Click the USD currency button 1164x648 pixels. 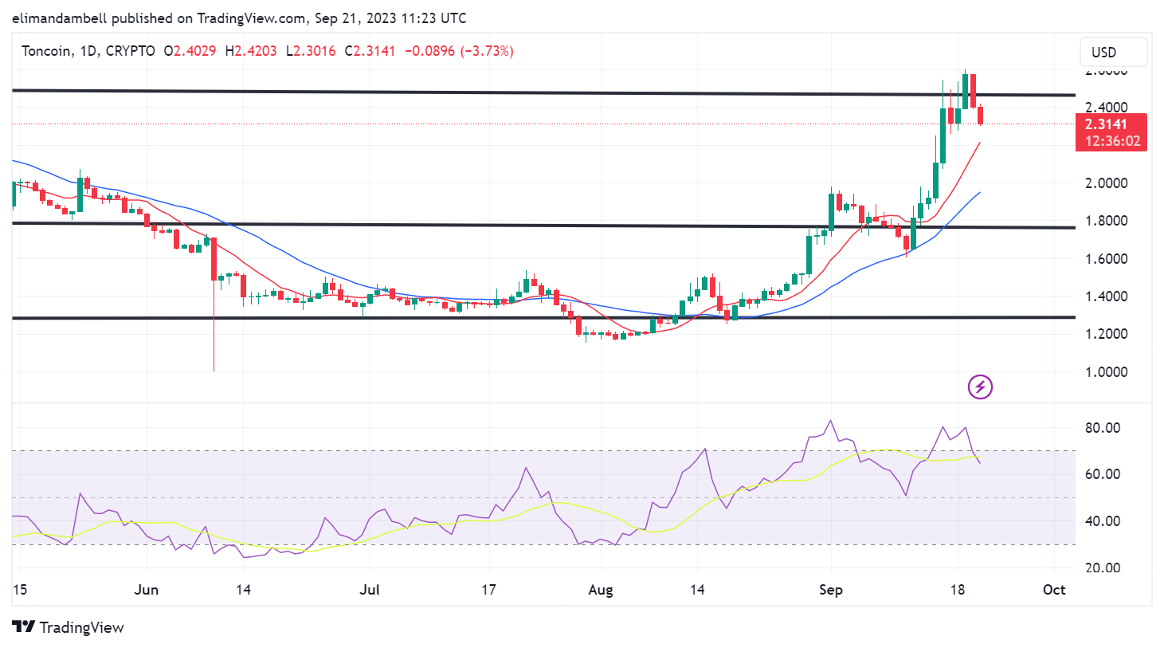[1113, 53]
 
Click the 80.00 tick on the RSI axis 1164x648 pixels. [1103, 427]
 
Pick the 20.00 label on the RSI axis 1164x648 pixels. [1103, 567]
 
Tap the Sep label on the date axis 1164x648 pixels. [830, 590]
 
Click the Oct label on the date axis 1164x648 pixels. [1054, 590]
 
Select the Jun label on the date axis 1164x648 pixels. [147, 590]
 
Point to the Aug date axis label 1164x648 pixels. [601, 590]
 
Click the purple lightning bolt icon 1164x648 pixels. [980, 387]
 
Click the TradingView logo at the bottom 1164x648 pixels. [69, 627]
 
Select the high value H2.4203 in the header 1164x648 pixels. [251, 51]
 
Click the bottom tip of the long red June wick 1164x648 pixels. [214, 370]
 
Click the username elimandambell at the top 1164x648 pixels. [60, 18]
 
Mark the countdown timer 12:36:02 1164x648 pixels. [1111, 141]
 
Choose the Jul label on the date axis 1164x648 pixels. [370, 590]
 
